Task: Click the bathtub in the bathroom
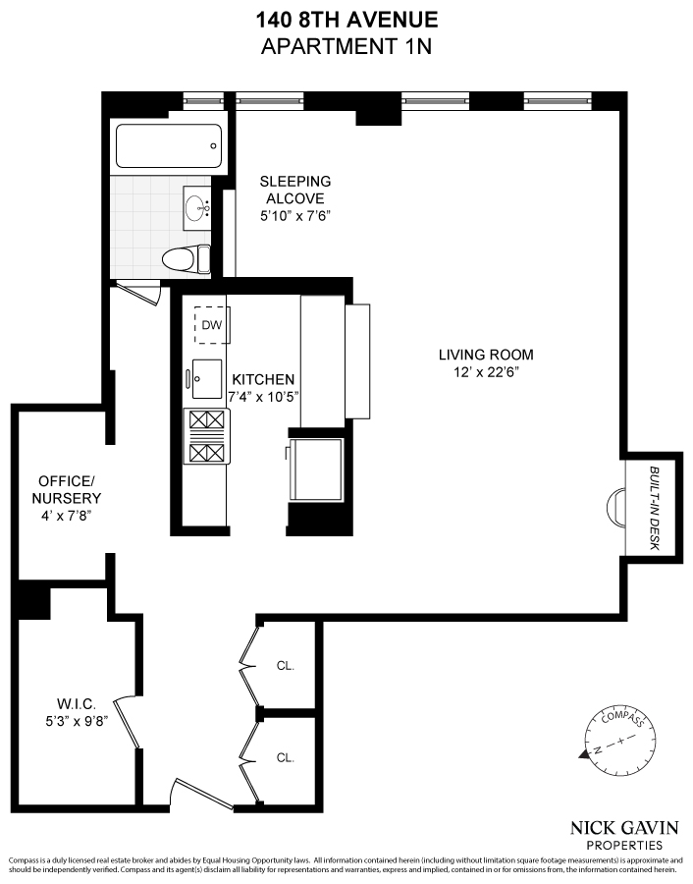coord(168,146)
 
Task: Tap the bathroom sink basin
coord(199,207)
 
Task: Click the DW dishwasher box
coord(212,325)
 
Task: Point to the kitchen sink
coord(208,378)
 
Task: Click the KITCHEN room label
coord(263,379)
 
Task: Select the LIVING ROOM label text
coord(486,355)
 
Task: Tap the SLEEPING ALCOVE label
coord(294,190)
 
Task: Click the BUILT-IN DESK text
coord(655,508)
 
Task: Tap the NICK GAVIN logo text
coord(624,826)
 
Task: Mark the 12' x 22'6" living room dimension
coord(486,372)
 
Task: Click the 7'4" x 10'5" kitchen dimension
coord(263,397)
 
